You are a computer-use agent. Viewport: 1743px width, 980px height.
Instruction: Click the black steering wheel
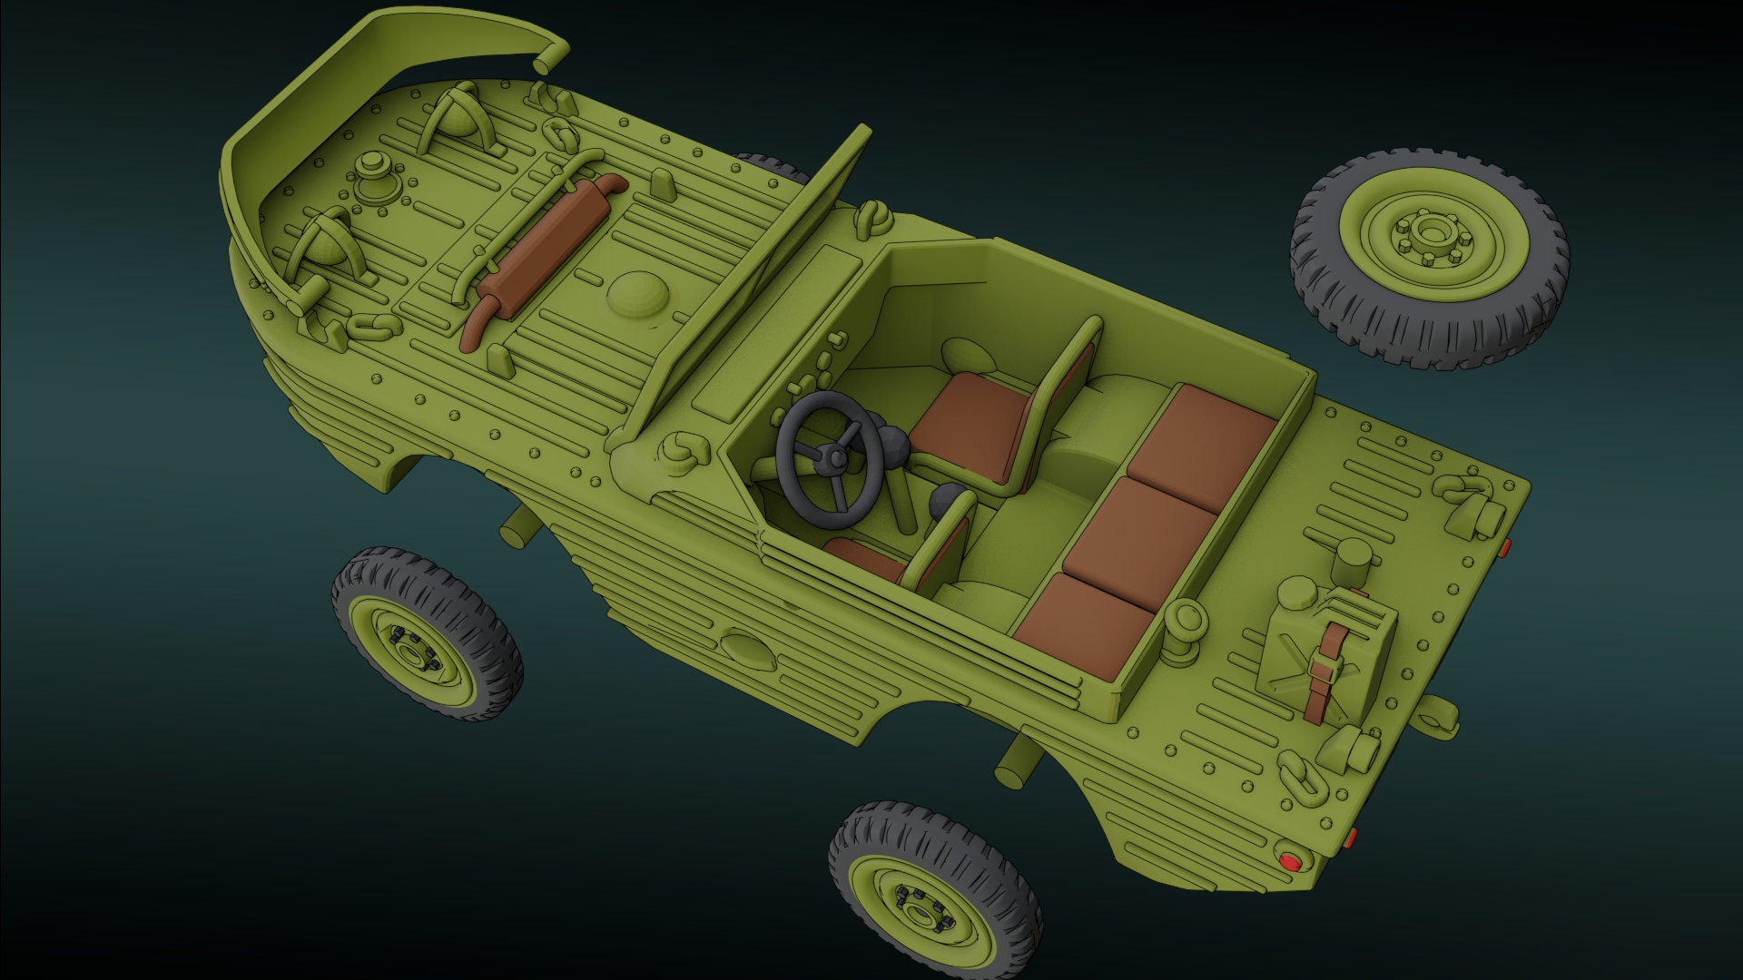pos(827,463)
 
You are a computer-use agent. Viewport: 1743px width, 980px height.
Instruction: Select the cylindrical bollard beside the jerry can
pos(1353,563)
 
